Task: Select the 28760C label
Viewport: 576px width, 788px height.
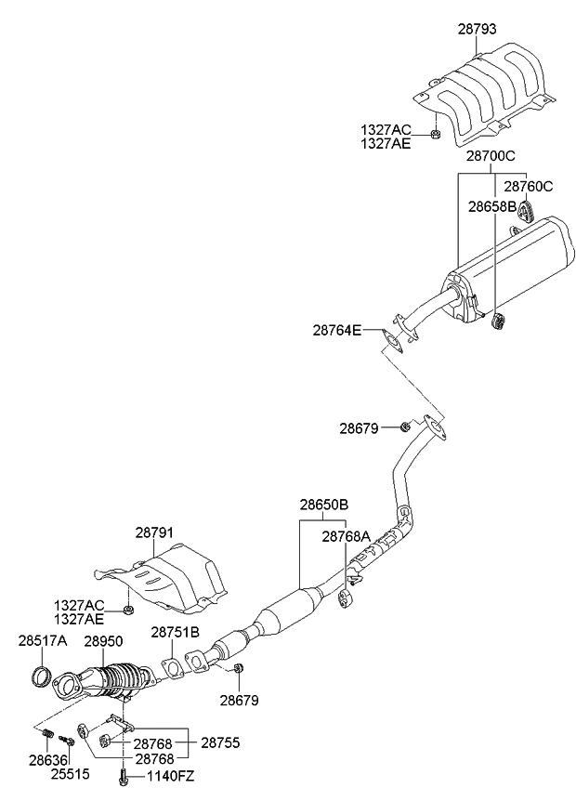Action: pos(528,186)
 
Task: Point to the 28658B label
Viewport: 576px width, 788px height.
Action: pos(492,205)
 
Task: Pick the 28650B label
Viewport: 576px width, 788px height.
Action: pos(323,505)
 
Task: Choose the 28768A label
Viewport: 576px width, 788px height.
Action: pos(347,536)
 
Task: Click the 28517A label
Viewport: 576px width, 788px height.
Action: pos(43,640)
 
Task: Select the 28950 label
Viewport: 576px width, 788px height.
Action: pos(104,640)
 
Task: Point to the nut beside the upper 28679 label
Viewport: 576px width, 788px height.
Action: pos(405,427)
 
